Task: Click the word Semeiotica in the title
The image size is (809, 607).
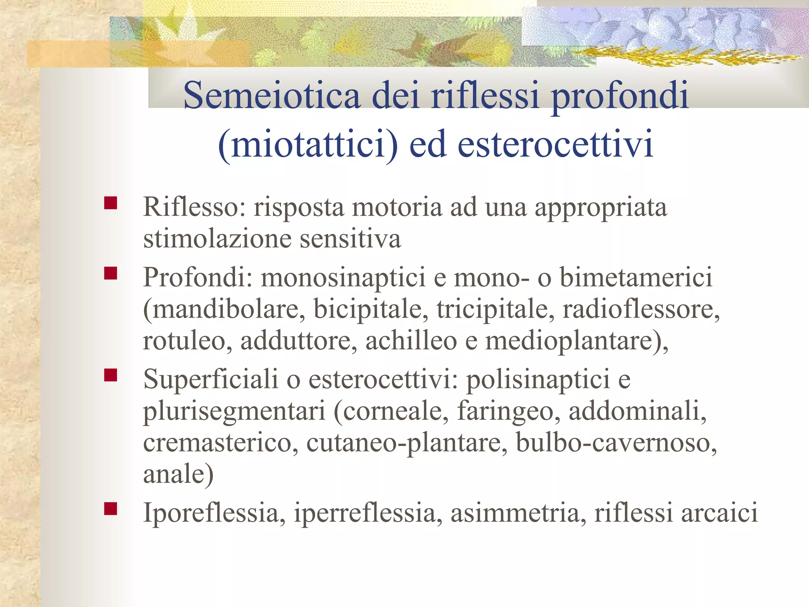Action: tap(272, 96)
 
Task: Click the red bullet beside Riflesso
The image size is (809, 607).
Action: tap(111, 203)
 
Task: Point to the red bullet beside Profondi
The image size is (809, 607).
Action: tap(111, 273)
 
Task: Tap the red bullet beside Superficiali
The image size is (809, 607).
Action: tap(111, 375)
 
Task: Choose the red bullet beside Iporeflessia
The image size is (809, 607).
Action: tap(111, 509)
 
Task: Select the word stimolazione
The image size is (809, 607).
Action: tap(217, 239)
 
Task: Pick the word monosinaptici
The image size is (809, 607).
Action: tap(343, 278)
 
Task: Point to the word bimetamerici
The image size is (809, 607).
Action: tap(636, 277)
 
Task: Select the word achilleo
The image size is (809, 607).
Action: tap(411, 341)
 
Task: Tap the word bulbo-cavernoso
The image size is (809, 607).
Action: tap(616, 443)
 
